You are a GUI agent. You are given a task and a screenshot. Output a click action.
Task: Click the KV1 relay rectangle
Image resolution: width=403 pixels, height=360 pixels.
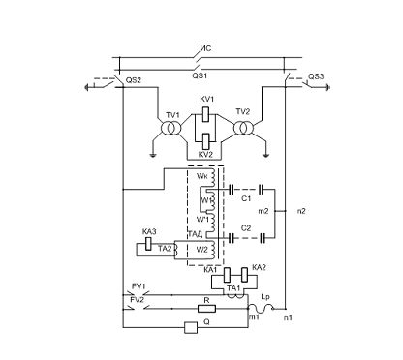pyautogui.click(x=205, y=114)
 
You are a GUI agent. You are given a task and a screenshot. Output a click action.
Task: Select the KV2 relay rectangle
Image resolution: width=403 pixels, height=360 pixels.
pyautogui.click(x=205, y=141)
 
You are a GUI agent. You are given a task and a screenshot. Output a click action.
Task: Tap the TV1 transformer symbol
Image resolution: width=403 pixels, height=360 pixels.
pyautogui.click(x=170, y=128)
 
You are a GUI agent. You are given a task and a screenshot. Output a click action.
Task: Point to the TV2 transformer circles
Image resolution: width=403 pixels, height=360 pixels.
pyautogui.click(x=243, y=128)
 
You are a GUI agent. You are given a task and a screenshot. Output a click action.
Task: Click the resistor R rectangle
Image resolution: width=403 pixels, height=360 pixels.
pyautogui.click(x=206, y=309)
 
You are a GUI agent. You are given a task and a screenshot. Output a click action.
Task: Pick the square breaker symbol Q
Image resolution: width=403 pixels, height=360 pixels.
pyautogui.click(x=191, y=327)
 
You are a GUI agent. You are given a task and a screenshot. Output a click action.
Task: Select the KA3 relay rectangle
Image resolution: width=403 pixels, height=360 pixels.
pyautogui.click(x=148, y=243)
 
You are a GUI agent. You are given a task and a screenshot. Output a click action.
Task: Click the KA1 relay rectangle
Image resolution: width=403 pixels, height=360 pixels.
pyautogui.click(x=227, y=275)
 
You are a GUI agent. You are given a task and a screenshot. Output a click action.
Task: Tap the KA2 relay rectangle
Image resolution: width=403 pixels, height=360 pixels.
pyautogui.click(x=244, y=275)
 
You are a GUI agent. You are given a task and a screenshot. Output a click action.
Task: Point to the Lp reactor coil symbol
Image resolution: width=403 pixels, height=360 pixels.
pyautogui.click(x=261, y=309)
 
